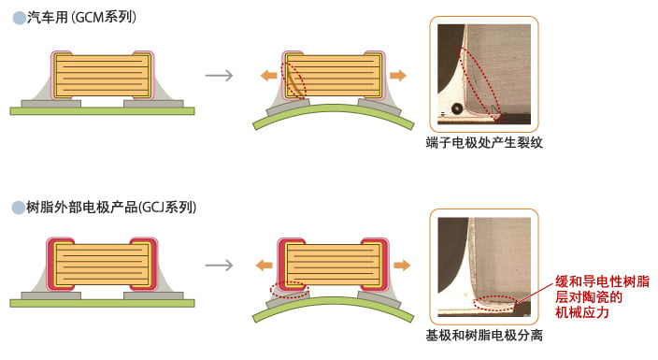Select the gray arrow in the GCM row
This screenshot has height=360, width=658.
pos(218,76)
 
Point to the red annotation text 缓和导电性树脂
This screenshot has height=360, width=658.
pos(602,281)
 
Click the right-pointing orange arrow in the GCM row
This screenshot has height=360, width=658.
pos(398,75)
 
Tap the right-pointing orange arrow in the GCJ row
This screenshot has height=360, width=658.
pos(401,265)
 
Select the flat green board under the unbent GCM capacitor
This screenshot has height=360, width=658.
pos(102,110)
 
